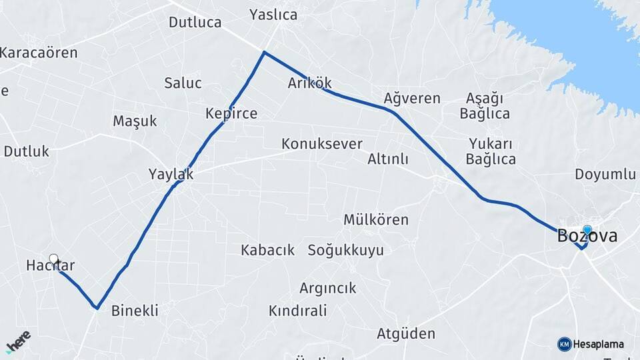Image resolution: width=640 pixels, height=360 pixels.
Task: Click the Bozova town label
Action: click(587, 236)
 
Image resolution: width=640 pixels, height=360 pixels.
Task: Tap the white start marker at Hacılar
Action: click(53, 259)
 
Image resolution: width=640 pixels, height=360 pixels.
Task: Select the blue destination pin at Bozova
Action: click(587, 231)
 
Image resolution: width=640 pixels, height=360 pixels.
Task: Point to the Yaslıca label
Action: click(273, 14)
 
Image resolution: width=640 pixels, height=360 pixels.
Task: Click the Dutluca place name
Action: click(195, 22)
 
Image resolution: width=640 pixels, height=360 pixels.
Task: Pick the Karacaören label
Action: click(39, 52)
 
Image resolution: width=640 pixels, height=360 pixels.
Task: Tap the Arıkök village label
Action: click(309, 83)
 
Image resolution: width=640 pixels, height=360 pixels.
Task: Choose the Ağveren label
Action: click(412, 98)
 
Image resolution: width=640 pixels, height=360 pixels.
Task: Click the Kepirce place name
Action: click(231, 113)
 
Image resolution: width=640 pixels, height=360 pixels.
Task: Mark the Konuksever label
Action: click(321, 143)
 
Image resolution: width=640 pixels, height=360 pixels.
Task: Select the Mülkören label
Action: click(376, 219)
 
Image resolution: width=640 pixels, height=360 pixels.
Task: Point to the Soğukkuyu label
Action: click(345, 250)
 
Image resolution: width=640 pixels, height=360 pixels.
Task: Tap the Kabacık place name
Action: click(267, 250)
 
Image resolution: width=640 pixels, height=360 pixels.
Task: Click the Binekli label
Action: click(135, 310)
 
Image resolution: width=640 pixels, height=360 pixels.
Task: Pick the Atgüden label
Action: click(406, 333)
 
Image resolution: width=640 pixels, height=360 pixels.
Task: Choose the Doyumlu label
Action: click(605, 175)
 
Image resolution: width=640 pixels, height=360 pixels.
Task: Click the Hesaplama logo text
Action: click(597, 344)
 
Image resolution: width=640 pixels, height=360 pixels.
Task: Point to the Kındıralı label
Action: click(297, 310)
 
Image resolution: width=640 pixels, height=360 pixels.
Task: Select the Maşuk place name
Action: click(135, 121)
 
